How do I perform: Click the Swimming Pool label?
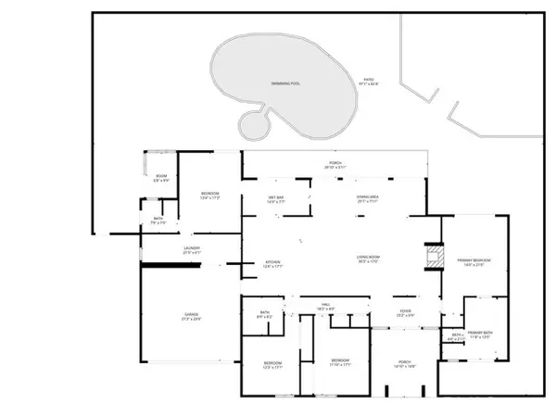tap(285, 83)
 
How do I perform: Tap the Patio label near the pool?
tap(368, 82)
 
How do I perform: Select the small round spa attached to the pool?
tap(252, 123)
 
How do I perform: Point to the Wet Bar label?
tap(275, 198)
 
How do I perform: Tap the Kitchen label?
tap(273, 263)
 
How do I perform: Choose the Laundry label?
tap(192, 249)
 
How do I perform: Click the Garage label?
tap(191, 316)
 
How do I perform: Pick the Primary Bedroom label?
tap(473, 262)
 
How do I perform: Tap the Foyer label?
tap(405, 312)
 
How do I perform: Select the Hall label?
tap(326, 305)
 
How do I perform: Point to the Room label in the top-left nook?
tap(160, 178)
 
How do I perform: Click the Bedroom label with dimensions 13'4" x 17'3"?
tap(209, 195)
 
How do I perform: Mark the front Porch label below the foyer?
tap(405, 361)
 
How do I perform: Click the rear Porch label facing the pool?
tap(335, 164)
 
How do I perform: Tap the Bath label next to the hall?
tap(265, 314)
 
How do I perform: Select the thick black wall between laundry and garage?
tap(171, 265)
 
